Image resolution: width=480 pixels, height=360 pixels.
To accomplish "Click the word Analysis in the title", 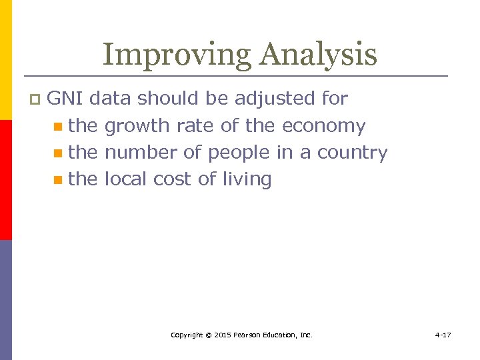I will [x=318, y=55].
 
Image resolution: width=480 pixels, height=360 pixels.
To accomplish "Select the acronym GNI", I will [x=65, y=99].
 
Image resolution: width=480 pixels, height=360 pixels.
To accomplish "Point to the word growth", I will [x=138, y=126].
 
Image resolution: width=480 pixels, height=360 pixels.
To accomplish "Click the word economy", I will [x=324, y=126].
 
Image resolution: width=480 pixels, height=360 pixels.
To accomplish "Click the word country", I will [x=352, y=153].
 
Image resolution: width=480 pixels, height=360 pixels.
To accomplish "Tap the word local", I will [x=127, y=179].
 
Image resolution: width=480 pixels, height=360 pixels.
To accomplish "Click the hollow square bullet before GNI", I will [x=35, y=99].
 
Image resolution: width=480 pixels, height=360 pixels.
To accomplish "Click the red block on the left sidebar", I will [x=5, y=179].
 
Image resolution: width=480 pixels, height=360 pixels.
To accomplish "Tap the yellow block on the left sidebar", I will [x=5, y=60].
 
